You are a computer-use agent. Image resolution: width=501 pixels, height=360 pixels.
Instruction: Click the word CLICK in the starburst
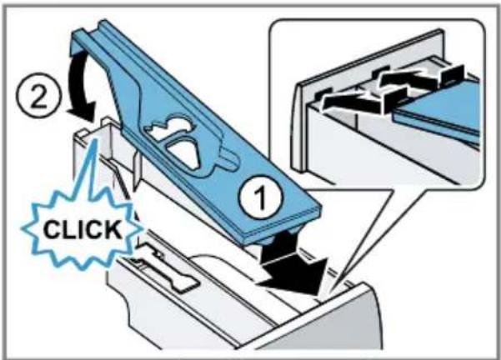83,229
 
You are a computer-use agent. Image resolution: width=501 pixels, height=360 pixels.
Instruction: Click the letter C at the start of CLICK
52,229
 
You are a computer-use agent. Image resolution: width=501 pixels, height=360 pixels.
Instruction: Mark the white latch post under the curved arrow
108,134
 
